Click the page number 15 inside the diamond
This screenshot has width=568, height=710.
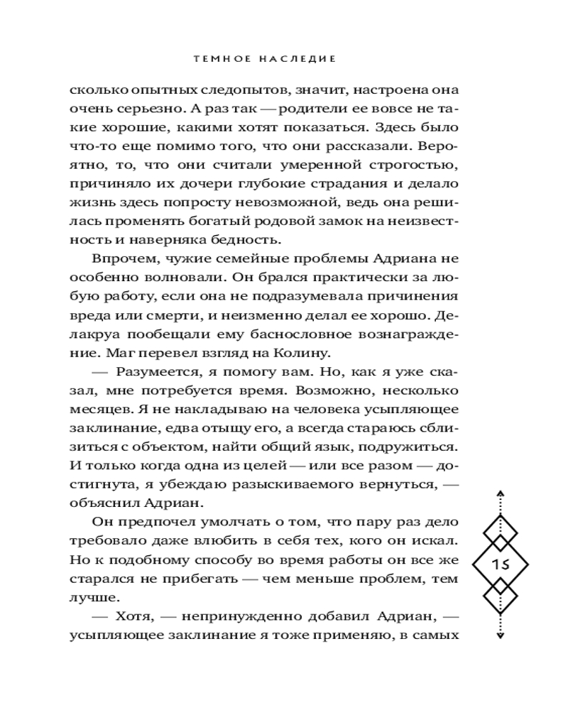tap(500, 564)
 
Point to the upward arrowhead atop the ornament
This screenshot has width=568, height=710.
tap(500, 491)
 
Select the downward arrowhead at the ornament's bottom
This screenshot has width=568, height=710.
tap(500, 637)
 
